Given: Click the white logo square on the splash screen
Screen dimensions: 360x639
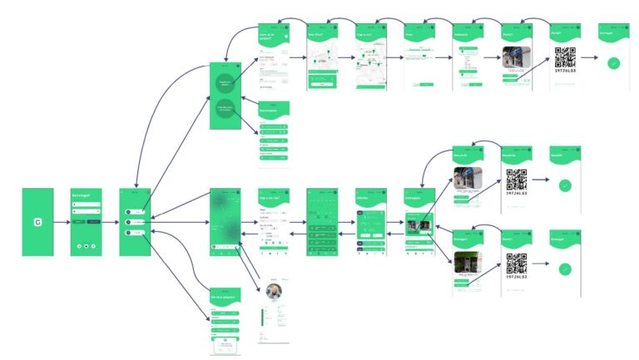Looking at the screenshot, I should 37,222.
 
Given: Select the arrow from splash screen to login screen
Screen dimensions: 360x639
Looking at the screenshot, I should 61,222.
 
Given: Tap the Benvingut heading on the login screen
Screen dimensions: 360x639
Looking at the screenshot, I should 87,196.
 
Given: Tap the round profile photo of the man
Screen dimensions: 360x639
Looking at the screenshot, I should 274,292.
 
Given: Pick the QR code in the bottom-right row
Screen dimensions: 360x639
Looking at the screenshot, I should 517,263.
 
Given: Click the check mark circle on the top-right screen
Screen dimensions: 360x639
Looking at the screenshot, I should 613,62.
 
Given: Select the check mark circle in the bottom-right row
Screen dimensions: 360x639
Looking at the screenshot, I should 565,269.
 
